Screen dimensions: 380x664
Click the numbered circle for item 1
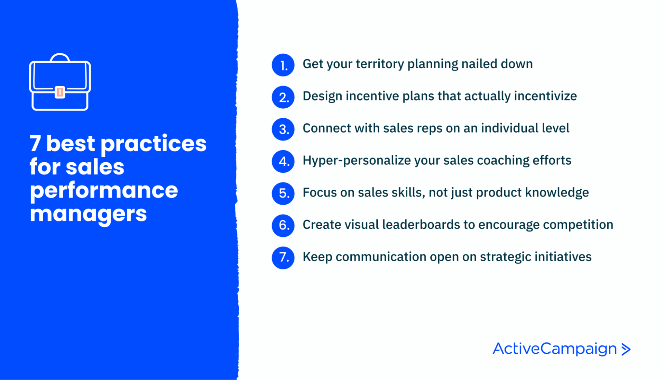tap(283, 65)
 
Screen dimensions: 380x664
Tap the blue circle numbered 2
tap(283, 97)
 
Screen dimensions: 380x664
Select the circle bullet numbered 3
tap(283, 129)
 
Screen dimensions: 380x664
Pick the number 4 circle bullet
tap(283, 161)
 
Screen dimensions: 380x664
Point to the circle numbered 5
tap(283, 193)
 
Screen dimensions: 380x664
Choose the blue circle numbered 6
tap(283, 225)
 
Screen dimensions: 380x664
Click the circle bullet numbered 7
tap(283, 257)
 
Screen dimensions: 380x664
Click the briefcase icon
tap(60, 83)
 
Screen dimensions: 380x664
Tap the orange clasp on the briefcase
tap(60, 92)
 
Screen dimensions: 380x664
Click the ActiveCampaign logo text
tap(554, 349)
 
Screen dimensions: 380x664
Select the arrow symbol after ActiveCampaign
tap(626, 349)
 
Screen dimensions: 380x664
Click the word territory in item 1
tap(380, 64)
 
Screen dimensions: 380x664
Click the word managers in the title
tap(88, 214)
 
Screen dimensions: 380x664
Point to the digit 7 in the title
tap(35, 144)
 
